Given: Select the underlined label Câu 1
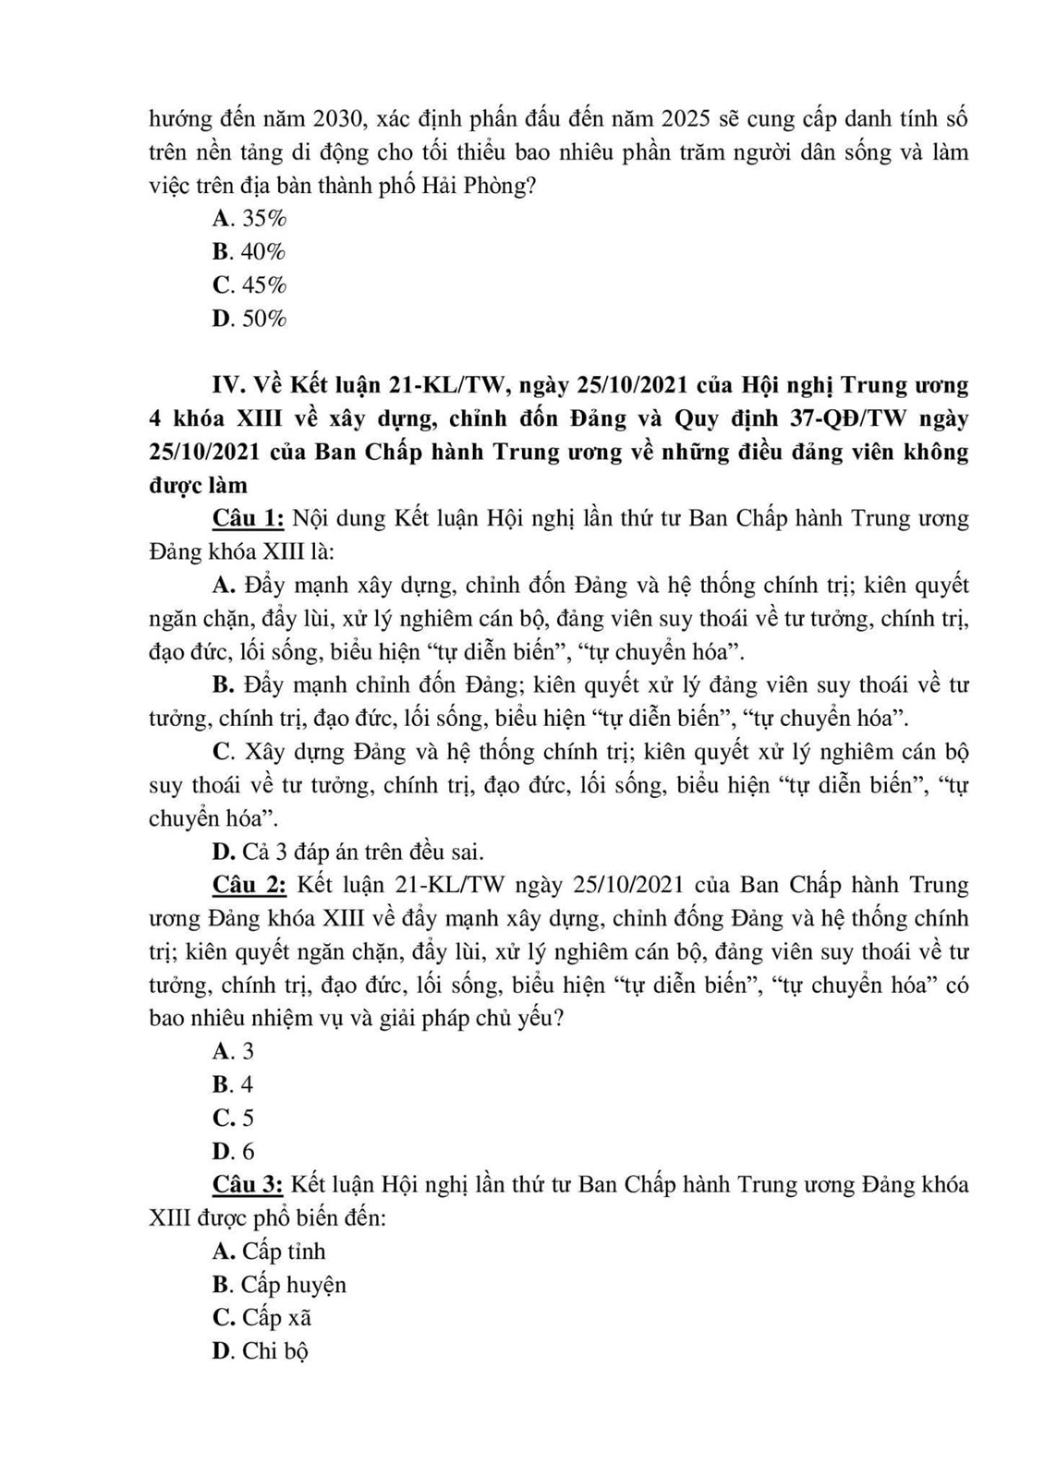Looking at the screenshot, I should click(x=248, y=518).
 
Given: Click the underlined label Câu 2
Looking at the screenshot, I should click(x=248, y=885).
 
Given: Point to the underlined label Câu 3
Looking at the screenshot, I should click(x=248, y=1184).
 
